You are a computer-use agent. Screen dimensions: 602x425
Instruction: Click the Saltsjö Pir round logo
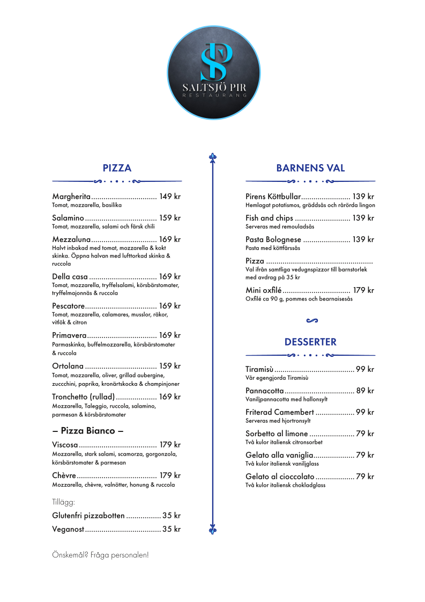(x=214, y=72)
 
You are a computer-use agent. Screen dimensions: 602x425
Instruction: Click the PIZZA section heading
(x=117, y=168)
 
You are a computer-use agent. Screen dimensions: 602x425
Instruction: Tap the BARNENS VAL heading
(x=310, y=168)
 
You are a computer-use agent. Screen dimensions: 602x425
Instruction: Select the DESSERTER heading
(x=310, y=342)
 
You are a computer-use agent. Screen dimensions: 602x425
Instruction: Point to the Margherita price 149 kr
(x=170, y=196)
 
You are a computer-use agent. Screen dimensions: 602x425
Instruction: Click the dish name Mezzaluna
(x=71, y=239)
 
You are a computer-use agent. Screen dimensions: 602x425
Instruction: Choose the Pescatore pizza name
(x=69, y=306)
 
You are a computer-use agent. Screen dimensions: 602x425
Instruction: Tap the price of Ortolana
(x=170, y=366)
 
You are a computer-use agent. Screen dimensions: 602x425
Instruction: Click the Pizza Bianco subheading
(x=88, y=430)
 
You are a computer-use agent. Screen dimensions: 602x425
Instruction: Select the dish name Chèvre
(x=64, y=475)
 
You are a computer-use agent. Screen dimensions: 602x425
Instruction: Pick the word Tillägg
(x=63, y=502)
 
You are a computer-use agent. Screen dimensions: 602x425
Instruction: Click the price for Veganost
(x=172, y=529)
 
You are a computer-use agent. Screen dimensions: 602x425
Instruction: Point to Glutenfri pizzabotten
(x=88, y=516)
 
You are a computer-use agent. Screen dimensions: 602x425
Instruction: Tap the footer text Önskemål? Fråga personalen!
(x=100, y=555)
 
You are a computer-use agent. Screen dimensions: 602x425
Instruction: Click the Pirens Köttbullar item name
(x=273, y=196)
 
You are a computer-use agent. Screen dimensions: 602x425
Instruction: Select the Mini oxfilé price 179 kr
(x=363, y=290)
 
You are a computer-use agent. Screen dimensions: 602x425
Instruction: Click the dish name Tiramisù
(x=259, y=369)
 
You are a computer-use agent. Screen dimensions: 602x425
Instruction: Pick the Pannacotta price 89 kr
(x=365, y=391)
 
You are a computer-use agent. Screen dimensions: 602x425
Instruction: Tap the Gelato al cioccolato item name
(x=280, y=476)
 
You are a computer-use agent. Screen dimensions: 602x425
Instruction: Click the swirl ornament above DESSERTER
(x=312, y=321)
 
